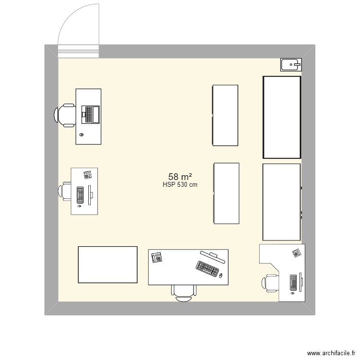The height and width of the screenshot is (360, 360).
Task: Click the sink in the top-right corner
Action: (290, 63)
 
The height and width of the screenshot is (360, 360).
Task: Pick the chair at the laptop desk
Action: (65, 116)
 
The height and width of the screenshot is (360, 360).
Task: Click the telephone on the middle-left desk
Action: (88, 175)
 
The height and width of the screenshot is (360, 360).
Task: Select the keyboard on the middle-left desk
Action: (81, 193)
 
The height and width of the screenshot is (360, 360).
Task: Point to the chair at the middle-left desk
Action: (66, 191)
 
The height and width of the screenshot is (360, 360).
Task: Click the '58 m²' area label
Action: (180, 177)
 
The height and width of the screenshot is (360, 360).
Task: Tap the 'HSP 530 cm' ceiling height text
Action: (180, 185)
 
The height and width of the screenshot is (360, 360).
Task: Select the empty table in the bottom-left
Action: (108, 265)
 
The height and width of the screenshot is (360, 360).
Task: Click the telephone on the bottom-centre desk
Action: (156, 257)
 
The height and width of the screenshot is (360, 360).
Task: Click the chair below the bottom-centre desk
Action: (184, 292)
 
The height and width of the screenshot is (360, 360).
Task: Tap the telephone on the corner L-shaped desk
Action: (296, 252)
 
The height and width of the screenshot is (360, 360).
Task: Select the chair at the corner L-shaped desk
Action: (270, 283)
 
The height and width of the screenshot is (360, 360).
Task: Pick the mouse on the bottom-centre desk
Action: (220, 276)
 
